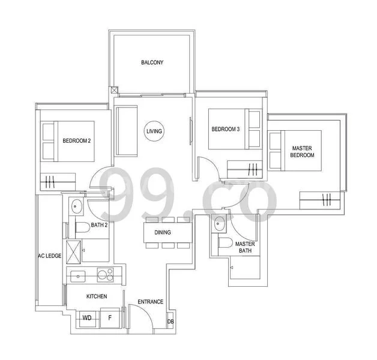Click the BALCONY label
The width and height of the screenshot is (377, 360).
(x=152, y=62)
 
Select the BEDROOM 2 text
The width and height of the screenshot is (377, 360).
(x=76, y=141)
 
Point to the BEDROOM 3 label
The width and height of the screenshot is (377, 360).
(x=225, y=129)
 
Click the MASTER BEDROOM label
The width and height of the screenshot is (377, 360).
(x=303, y=151)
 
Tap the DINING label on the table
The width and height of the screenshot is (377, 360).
(x=162, y=233)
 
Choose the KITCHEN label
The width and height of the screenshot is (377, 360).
(x=96, y=296)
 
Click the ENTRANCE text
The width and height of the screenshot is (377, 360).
(x=150, y=302)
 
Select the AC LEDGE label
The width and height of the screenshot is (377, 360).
(x=49, y=256)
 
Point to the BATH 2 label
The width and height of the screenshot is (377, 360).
(x=98, y=226)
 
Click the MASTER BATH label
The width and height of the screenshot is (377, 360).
(x=244, y=248)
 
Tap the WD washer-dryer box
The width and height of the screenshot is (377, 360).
(x=87, y=318)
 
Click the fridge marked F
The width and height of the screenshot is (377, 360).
(x=109, y=318)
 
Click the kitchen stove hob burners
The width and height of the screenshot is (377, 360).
(x=106, y=275)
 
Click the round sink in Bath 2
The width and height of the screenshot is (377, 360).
(x=77, y=206)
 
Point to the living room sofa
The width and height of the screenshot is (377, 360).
(x=126, y=130)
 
